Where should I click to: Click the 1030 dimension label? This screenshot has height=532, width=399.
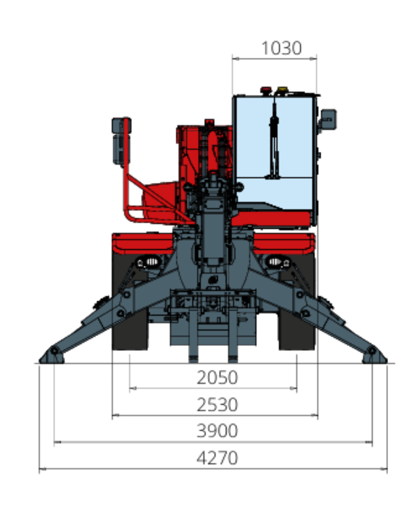point(281,48)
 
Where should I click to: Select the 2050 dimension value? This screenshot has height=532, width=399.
point(217,377)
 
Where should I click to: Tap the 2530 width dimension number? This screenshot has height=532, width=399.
point(217,404)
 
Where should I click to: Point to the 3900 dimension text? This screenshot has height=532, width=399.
point(217,431)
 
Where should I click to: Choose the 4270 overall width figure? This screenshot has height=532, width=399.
point(217,458)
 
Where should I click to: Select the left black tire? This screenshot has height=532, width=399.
point(130,302)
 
